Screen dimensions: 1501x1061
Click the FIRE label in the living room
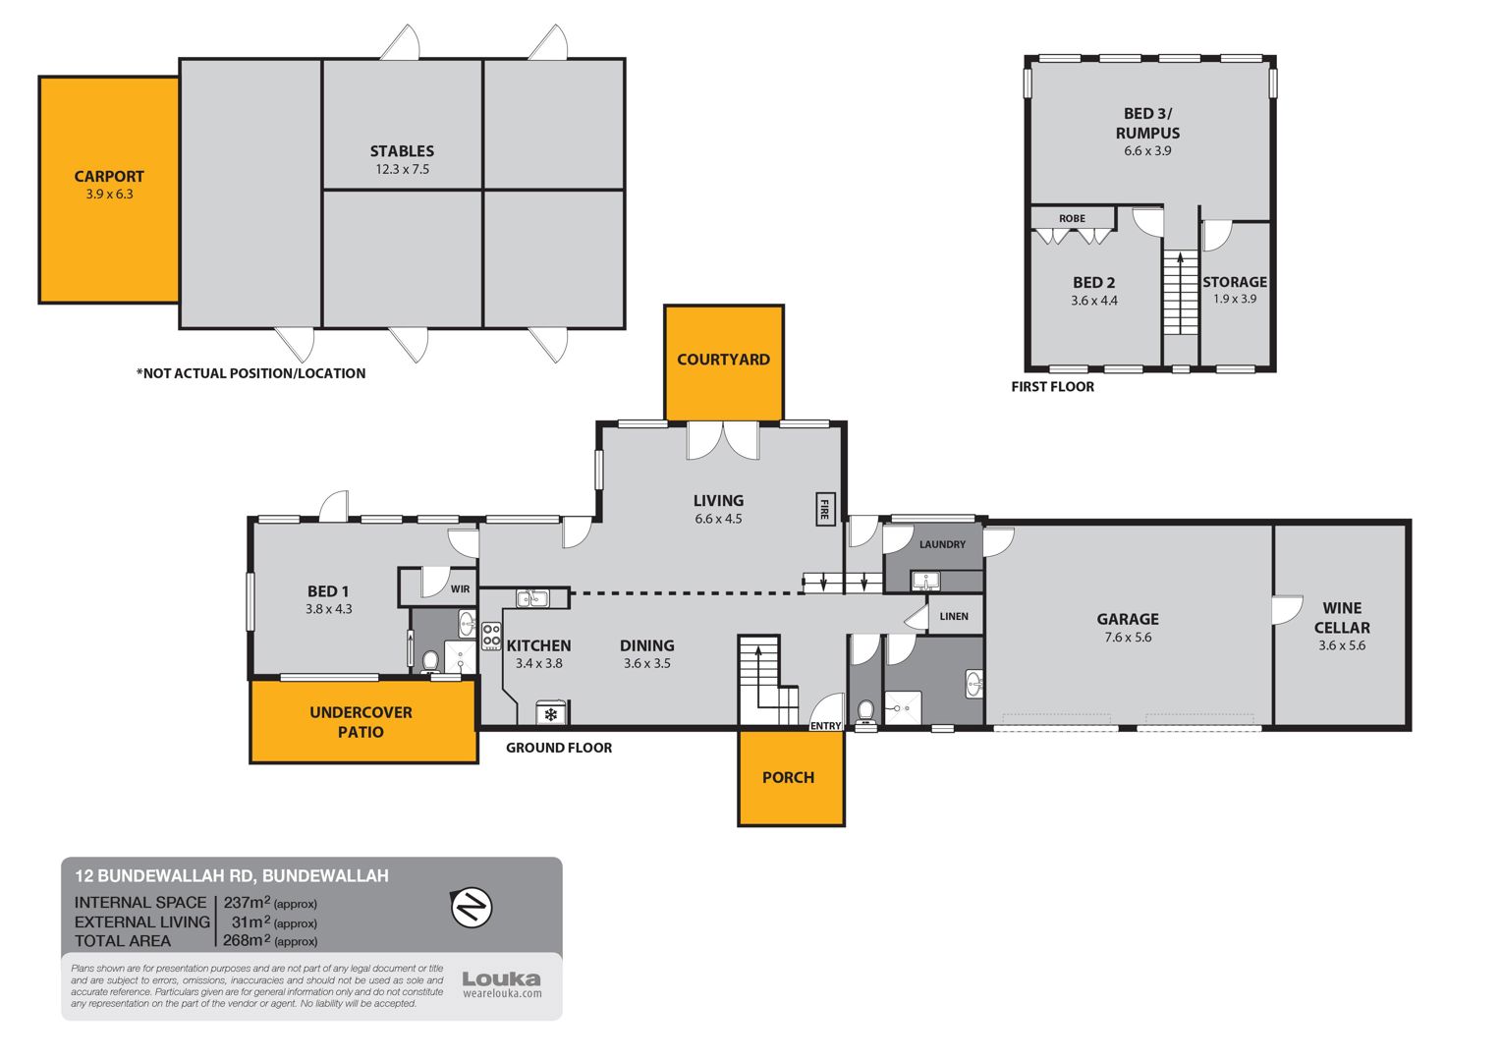click(x=825, y=510)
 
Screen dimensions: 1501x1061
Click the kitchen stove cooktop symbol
click(x=491, y=637)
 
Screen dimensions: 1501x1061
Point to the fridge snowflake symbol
click(x=551, y=714)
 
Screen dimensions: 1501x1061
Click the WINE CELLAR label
click(x=1342, y=618)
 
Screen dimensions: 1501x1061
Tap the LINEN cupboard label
click(x=954, y=617)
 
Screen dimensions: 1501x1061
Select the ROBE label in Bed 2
click(x=1072, y=218)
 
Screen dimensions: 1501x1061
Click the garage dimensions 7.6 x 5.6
click(x=1128, y=638)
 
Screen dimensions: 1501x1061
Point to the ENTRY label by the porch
click(x=825, y=726)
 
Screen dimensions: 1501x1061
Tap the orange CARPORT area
click(x=109, y=190)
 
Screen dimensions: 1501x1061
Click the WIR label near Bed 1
click(x=460, y=589)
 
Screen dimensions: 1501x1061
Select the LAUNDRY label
click(x=942, y=544)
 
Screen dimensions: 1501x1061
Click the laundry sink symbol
click(x=926, y=582)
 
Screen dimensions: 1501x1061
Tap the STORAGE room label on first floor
click(x=1235, y=282)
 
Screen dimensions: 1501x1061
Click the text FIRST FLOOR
click(x=1052, y=387)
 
